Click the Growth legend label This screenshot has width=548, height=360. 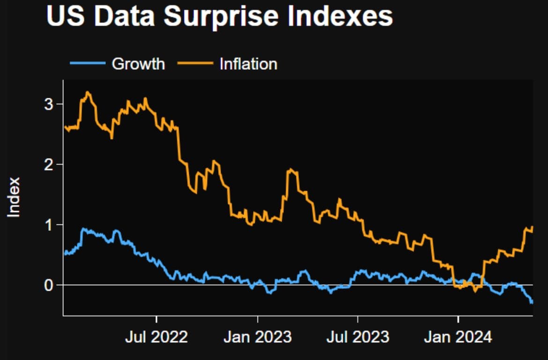click(138, 64)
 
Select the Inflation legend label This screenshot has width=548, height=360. click(248, 64)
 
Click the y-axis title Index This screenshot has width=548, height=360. click(15, 197)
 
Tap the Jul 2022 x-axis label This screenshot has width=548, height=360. click(156, 337)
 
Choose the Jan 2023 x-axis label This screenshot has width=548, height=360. click(257, 337)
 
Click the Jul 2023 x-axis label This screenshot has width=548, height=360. click(358, 337)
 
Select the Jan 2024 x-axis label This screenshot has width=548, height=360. click(458, 337)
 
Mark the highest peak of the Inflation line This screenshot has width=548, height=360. click(88, 92)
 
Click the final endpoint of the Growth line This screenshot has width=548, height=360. click(533, 302)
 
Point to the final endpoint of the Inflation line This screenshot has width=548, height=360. click(533, 227)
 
